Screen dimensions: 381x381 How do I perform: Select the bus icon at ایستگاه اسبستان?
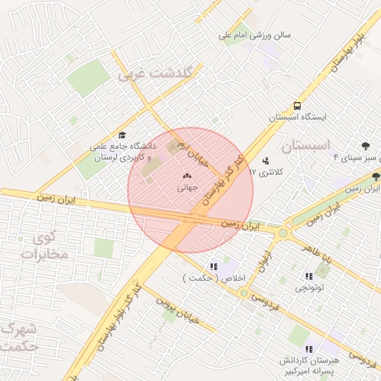click(x=297, y=106)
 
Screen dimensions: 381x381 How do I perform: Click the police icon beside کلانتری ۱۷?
click(x=266, y=160)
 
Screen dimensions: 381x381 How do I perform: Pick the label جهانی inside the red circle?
click(x=185, y=188)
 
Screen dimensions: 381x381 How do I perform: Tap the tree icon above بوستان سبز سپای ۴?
click(x=365, y=146)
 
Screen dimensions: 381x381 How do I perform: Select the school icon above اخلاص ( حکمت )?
click(x=214, y=266)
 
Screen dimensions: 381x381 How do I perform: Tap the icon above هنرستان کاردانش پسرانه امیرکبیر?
click(x=308, y=349)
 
